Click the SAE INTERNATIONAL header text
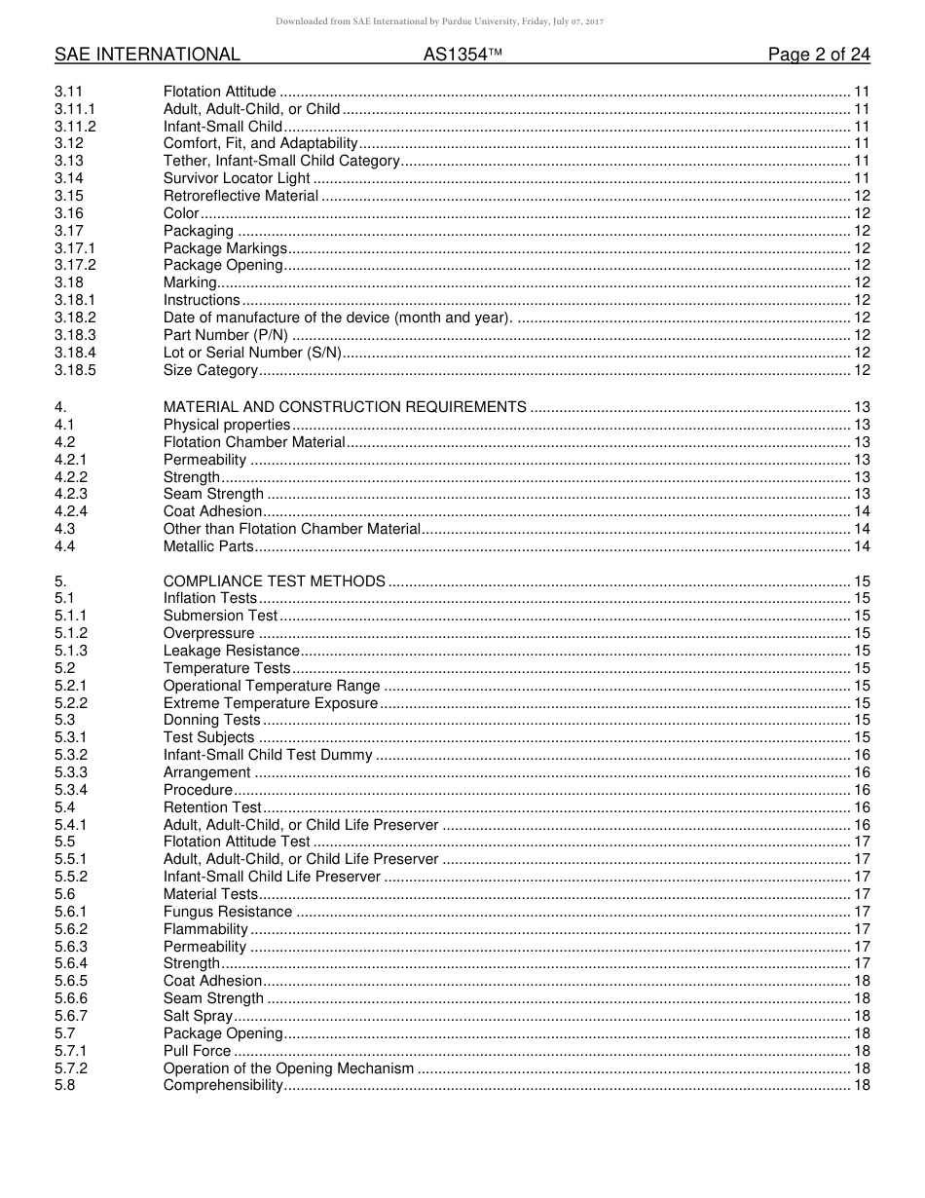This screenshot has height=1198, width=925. click(147, 55)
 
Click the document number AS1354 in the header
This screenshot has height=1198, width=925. click(456, 55)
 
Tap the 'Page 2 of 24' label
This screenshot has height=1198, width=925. click(819, 55)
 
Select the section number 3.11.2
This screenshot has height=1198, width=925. click(76, 127)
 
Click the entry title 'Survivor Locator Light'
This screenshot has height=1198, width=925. click(237, 178)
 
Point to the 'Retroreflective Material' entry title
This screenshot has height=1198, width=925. click(240, 196)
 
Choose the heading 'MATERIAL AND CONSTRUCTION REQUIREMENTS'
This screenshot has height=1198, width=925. click(345, 407)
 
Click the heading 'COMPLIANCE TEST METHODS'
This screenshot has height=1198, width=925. click(275, 581)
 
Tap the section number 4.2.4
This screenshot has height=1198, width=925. click(71, 511)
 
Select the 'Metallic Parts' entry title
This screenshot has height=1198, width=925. click(208, 546)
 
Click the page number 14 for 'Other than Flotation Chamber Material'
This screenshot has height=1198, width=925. click(862, 529)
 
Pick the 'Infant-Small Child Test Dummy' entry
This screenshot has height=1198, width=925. click(268, 755)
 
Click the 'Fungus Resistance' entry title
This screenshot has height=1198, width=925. click(228, 912)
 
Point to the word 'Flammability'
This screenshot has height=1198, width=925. click(205, 929)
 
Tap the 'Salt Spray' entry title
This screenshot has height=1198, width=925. click(199, 1016)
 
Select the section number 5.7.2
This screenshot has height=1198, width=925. click(71, 1068)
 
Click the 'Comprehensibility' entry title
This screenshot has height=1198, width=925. click(223, 1086)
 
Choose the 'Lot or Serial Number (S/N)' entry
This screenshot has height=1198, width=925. click(252, 353)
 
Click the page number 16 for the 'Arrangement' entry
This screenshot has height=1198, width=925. click(862, 772)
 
